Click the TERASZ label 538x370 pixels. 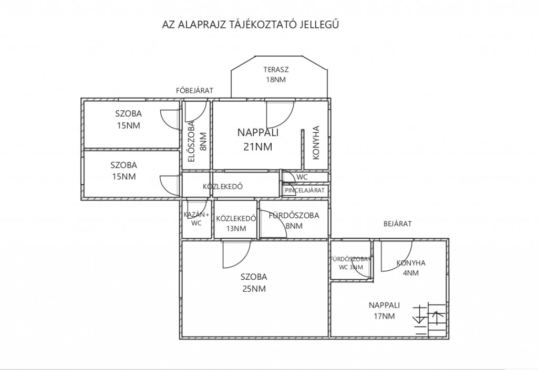coord(276,70)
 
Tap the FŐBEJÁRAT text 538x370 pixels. coord(194,90)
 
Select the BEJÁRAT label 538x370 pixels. coord(397,224)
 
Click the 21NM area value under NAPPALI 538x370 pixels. coord(257,146)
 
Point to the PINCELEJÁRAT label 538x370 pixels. coord(304,190)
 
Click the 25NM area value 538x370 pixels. coord(254,289)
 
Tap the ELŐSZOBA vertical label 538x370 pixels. coord(191,141)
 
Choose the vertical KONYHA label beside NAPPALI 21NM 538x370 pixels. coord(316,143)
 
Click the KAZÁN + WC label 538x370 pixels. coord(196,218)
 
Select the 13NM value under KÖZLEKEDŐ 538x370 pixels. coord(236,228)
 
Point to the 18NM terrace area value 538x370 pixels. coord(276,79)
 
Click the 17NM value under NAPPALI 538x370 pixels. coord(384,316)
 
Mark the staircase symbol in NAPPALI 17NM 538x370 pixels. coord(431,319)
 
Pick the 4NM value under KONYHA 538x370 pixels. coord(411,273)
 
